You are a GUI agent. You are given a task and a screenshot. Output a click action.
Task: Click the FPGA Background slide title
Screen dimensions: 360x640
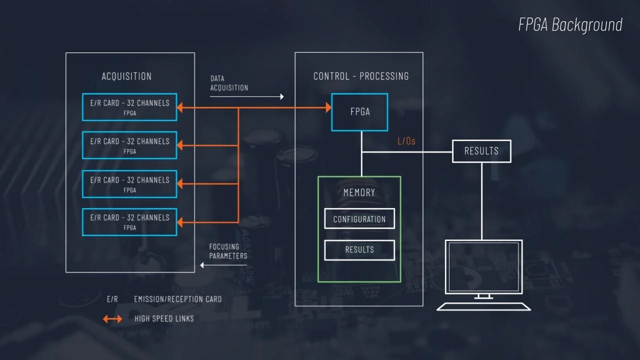(570, 25)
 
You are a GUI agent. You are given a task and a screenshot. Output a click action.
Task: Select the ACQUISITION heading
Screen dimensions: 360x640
(126, 76)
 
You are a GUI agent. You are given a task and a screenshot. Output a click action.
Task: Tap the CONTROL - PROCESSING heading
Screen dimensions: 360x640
(361, 76)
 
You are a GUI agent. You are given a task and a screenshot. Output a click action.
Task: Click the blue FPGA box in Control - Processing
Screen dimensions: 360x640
(359, 112)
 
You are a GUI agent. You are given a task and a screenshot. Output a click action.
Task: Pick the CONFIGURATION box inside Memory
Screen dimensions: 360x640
(359, 219)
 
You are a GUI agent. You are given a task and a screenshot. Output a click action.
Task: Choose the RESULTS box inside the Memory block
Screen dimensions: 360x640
(359, 250)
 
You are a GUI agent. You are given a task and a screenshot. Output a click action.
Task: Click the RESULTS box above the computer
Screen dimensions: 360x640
(481, 151)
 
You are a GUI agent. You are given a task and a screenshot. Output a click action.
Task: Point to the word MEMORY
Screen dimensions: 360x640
(359, 192)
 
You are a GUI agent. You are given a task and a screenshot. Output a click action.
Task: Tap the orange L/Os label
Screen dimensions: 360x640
(406, 141)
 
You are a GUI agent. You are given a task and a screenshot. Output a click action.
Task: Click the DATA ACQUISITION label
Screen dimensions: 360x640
(229, 83)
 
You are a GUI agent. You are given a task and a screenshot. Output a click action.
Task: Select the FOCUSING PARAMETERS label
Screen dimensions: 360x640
(228, 251)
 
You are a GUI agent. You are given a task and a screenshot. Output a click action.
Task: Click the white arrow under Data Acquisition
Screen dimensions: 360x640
(247, 96)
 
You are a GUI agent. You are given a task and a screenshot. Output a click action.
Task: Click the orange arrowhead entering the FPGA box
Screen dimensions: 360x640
(328, 107)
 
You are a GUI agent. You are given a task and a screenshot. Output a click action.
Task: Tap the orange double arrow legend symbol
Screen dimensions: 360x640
(112, 318)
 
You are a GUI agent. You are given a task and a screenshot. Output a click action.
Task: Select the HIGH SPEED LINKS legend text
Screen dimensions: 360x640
(164, 318)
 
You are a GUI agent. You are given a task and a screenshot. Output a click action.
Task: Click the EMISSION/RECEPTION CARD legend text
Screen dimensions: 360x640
(177, 299)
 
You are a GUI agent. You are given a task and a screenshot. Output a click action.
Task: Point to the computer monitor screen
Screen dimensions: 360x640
(483, 266)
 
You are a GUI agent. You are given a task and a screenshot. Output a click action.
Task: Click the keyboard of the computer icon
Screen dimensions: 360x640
(483, 306)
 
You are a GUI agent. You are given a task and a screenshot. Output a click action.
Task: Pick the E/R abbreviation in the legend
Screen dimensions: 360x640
(112, 299)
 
